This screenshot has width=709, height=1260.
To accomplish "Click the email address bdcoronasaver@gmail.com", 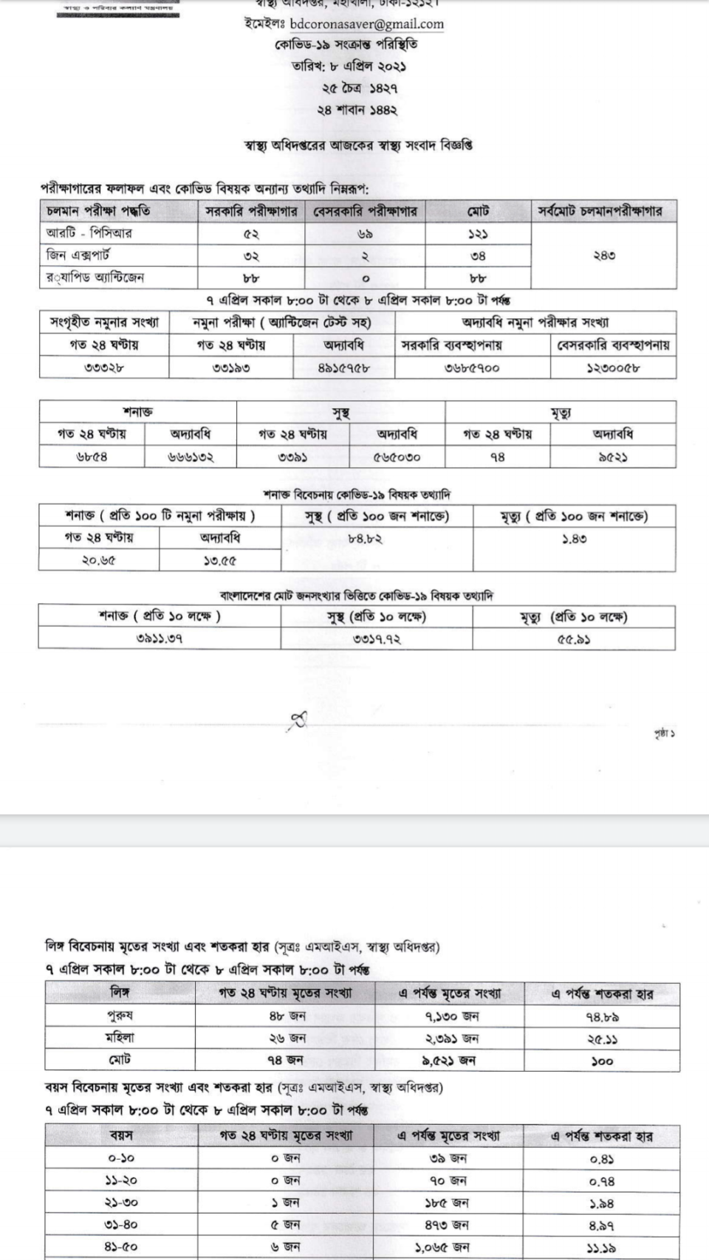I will (366, 24).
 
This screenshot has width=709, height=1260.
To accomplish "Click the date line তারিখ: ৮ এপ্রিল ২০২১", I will (349, 66).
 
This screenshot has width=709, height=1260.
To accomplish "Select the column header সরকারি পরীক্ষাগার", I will (251, 211).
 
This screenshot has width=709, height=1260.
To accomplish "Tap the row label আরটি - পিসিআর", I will (89, 233).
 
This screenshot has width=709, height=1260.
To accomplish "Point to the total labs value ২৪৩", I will (603, 255).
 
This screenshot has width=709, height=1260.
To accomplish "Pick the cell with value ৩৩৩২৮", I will (103, 368).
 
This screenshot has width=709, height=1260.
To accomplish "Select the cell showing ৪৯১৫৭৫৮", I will (343, 368).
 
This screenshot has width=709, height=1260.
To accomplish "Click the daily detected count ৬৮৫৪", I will (92, 457).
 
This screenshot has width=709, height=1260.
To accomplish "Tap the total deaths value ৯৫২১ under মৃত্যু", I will (612, 457).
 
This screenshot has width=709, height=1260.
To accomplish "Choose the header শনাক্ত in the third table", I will (137, 412).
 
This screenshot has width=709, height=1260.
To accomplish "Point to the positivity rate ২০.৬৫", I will (98, 560).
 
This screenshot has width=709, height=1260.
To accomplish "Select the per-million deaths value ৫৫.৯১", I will (573, 639).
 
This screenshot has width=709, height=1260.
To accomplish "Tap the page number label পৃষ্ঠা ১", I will (663, 734).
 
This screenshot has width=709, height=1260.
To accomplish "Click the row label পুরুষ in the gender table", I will (120, 1016).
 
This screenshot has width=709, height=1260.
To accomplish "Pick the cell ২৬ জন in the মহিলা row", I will (287, 1038).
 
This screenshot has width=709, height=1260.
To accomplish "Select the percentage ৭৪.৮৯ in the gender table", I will (602, 1016).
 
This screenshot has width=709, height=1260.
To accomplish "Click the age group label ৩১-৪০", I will (121, 1225).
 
